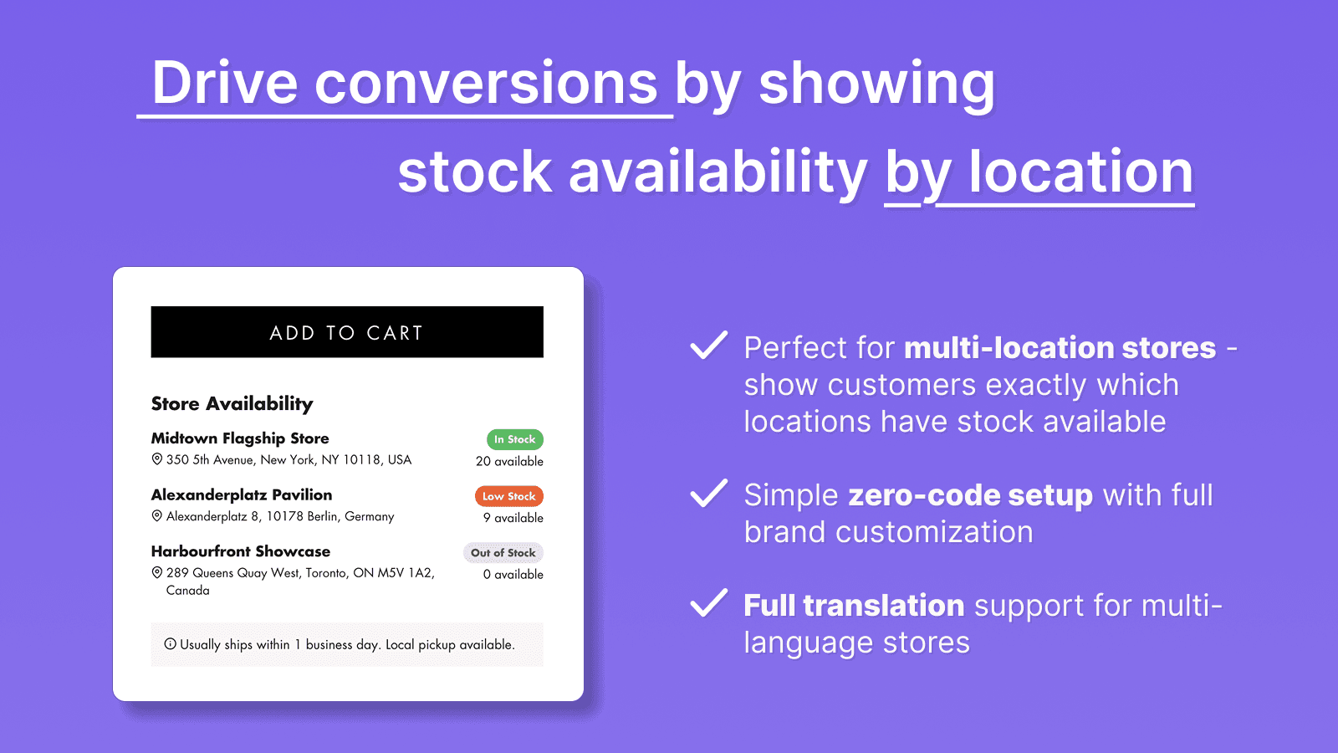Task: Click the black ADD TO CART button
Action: pyautogui.click(x=347, y=332)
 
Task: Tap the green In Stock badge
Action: pyautogui.click(x=515, y=439)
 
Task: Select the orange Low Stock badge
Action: pyautogui.click(x=509, y=496)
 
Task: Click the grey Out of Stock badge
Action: pyautogui.click(x=503, y=553)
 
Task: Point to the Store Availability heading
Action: pyautogui.click(x=232, y=403)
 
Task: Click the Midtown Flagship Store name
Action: pyautogui.click(x=240, y=438)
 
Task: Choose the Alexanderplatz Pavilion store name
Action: pyautogui.click(x=242, y=494)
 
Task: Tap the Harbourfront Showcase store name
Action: pyautogui.click(x=241, y=551)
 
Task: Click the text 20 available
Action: pyautogui.click(x=509, y=461)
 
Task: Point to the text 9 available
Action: pyautogui.click(x=513, y=518)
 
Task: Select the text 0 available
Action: pyautogui.click(x=513, y=575)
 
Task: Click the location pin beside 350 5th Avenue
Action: pyautogui.click(x=156, y=459)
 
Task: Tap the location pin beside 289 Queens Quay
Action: pyautogui.click(x=156, y=573)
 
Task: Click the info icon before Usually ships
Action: pyautogui.click(x=170, y=644)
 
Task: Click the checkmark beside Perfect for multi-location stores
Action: pyautogui.click(x=708, y=345)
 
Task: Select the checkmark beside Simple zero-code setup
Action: pyautogui.click(x=708, y=493)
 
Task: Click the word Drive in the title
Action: pyautogui.click(x=225, y=84)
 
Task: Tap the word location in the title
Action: pyautogui.click(x=1080, y=172)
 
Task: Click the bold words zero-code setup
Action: pyautogui.click(x=970, y=495)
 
